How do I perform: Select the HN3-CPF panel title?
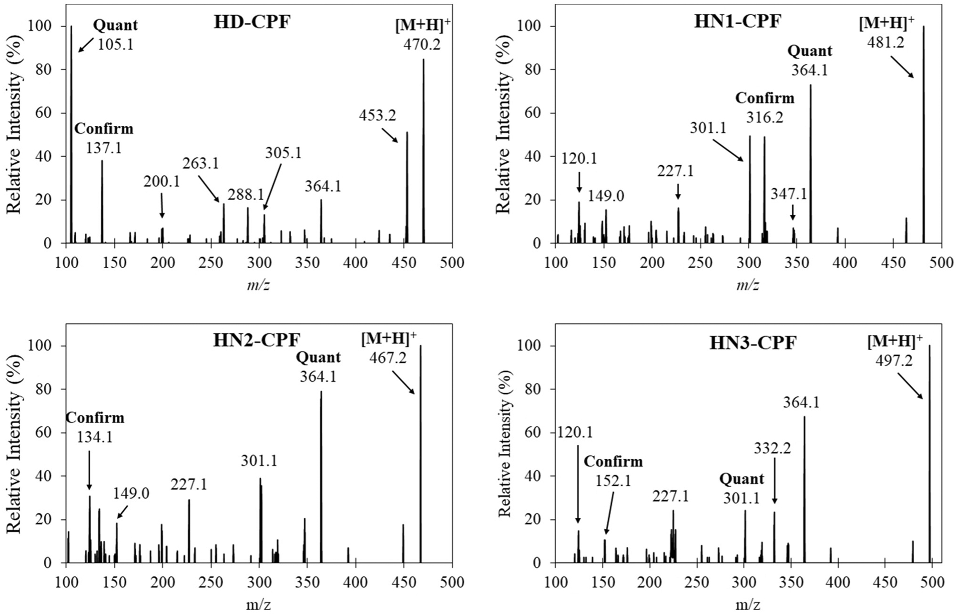pyautogui.click(x=753, y=342)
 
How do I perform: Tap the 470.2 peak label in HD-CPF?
pyautogui.click(x=422, y=44)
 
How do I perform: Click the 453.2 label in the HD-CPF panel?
pyautogui.click(x=377, y=115)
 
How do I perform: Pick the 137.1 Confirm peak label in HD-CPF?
pyautogui.click(x=103, y=148)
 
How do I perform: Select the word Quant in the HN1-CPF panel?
pyautogui.click(x=809, y=50)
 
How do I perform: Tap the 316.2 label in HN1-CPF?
pyautogui.click(x=764, y=117)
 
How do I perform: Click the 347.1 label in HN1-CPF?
pyautogui.click(x=789, y=194)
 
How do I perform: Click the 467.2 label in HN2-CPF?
pyautogui.click(x=387, y=357)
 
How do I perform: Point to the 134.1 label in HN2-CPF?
pyautogui.click(x=95, y=437)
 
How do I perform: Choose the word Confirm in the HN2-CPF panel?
pyautogui.click(x=95, y=418)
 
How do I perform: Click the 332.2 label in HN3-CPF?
pyautogui.click(x=772, y=448)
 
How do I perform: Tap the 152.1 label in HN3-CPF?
pyautogui.click(x=613, y=481)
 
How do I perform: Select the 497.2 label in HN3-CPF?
pyautogui.click(x=894, y=361)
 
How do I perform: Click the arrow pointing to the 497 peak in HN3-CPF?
pyautogui.click(x=910, y=386)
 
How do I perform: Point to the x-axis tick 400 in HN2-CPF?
pyautogui.click(x=355, y=582)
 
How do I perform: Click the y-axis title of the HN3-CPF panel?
pyautogui.click(x=504, y=443)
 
